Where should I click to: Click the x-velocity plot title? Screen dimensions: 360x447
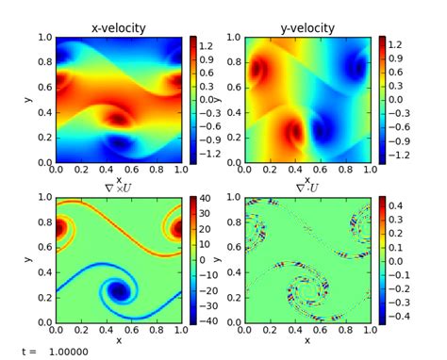pyautogui.click(x=118, y=28)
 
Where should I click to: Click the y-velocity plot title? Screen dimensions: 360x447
pyautogui.click(x=307, y=28)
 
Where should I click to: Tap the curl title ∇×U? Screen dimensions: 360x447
pyautogui.click(x=118, y=189)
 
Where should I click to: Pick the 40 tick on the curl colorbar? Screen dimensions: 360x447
pyautogui.click(x=207, y=198)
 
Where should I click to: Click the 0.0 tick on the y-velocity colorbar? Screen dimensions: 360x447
pyautogui.click(x=398, y=99)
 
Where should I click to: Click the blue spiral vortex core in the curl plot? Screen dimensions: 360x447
pyautogui.click(x=120, y=291)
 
